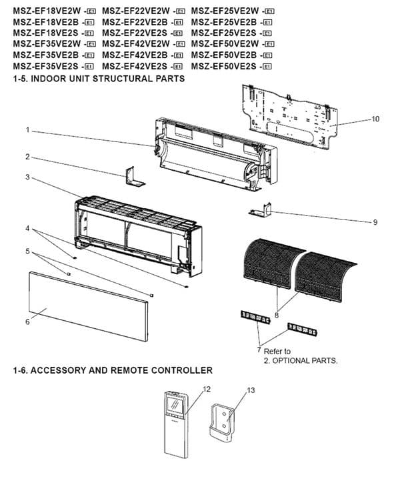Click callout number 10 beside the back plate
(x=376, y=119)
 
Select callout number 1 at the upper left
(x=27, y=130)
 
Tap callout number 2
(x=27, y=157)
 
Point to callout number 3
(x=27, y=177)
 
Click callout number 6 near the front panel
(x=27, y=322)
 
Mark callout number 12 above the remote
(x=207, y=389)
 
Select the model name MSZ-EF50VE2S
(x=225, y=67)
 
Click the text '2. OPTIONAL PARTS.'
(x=301, y=360)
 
